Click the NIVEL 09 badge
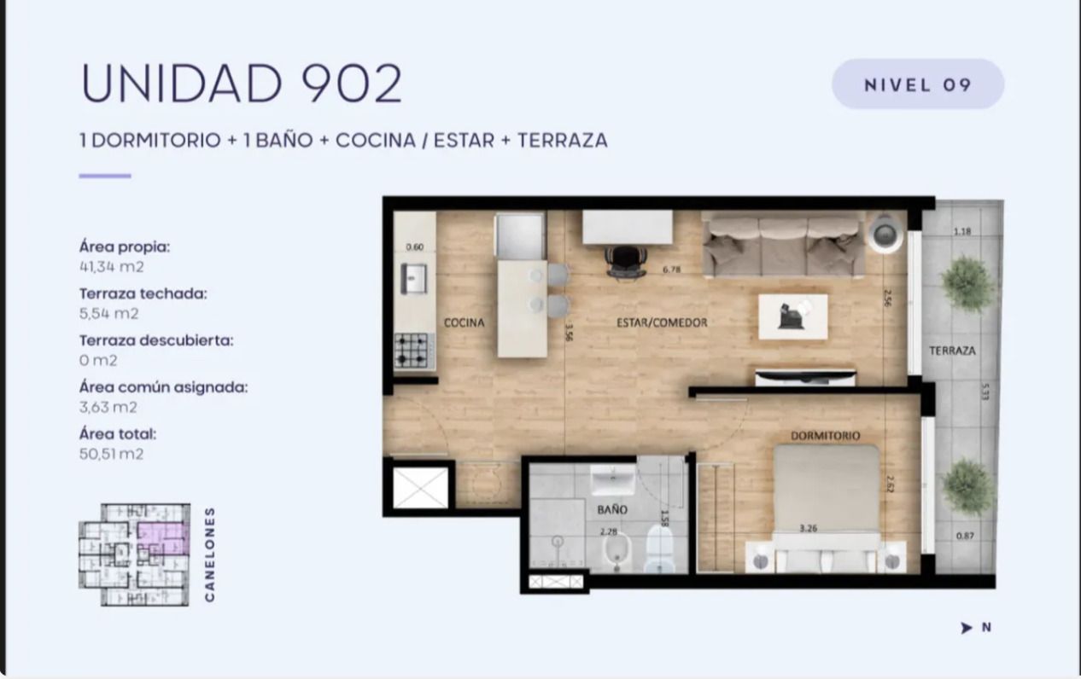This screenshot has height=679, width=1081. click(x=917, y=84)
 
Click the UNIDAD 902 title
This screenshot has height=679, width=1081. click(x=242, y=83)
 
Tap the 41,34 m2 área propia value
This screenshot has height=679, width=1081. click(x=112, y=267)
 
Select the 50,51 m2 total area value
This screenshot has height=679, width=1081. click(x=112, y=454)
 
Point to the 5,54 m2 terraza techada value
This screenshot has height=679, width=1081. click(x=109, y=313)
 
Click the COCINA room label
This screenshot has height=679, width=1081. click(x=465, y=322)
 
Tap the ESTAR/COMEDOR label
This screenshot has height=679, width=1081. click(x=662, y=322)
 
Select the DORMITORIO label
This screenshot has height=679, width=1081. click(x=825, y=436)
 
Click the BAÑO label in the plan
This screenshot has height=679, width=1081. click(x=612, y=509)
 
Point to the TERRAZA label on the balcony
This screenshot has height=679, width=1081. click(x=953, y=351)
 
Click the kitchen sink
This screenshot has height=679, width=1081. click(x=413, y=279)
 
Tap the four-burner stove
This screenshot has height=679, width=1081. click(x=412, y=350)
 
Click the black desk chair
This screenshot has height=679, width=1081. click(x=626, y=262)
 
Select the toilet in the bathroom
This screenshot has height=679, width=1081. click(x=659, y=548)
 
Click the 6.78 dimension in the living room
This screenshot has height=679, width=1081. click(x=671, y=270)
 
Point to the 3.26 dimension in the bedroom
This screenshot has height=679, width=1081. click(x=809, y=529)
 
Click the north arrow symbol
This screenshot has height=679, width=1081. click(x=966, y=628)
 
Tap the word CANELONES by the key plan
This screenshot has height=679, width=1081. click(x=210, y=554)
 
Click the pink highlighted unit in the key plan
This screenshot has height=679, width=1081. click(x=162, y=537)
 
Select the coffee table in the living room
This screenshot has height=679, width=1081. click(x=793, y=316)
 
